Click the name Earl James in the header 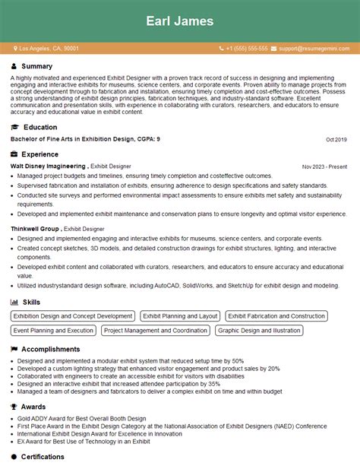[180, 21]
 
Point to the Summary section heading [37, 66]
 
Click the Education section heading [40, 127]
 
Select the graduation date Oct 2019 [336, 140]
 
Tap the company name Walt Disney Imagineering [48, 165]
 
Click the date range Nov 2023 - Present [324, 166]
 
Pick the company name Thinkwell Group [35, 228]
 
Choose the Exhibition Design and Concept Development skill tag [73, 316]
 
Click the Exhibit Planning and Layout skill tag [180, 316]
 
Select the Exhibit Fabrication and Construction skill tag [276, 316]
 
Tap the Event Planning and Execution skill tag [53, 331]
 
